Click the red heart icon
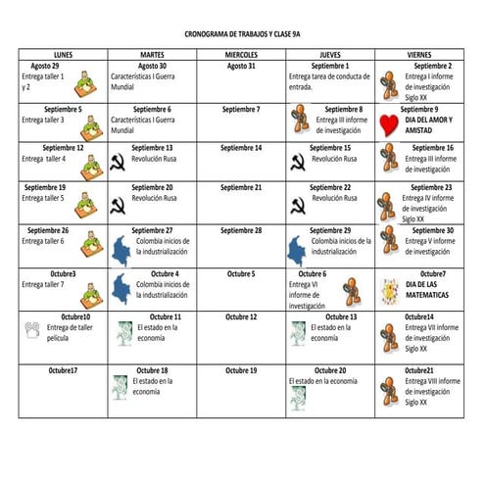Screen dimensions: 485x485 tap(388, 123)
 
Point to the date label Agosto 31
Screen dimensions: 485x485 tap(241, 66)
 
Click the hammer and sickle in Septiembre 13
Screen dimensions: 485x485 tap(118, 163)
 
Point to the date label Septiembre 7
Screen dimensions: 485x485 tap(241, 109)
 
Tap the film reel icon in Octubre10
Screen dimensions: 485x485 tap(32, 330)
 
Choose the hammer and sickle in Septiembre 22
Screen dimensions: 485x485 tap(296, 205)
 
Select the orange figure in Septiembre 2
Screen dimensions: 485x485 tap(390, 79)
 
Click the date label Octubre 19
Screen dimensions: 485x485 tap(241, 370)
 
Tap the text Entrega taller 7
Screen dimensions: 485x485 tap(43, 284)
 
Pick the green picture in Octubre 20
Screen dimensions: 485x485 tap(297, 397)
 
